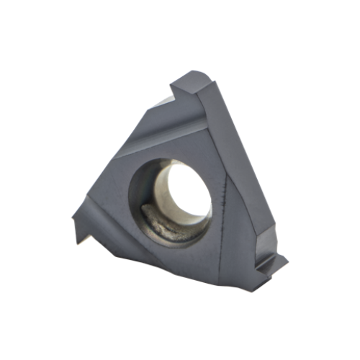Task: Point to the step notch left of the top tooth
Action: [x=175, y=94]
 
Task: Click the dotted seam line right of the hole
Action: [x=225, y=194]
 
